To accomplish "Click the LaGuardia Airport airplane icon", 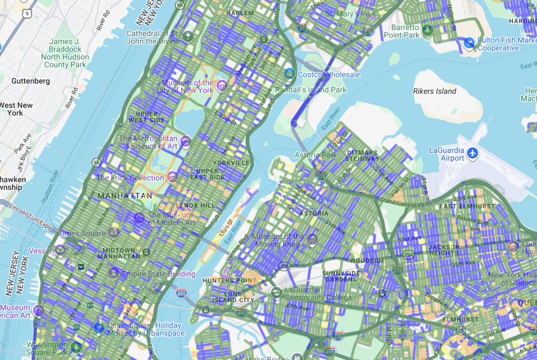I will (x=472, y=154).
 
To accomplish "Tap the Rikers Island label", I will (x=435, y=91).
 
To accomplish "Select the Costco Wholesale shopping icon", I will (x=288, y=74).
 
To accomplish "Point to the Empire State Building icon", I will (x=114, y=273).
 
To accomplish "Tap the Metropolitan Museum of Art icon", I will (x=185, y=141).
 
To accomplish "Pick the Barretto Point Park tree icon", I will (x=427, y=30).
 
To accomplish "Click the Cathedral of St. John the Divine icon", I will (x=188, y=36).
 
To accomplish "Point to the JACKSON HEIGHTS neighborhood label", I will (x=444, y=250).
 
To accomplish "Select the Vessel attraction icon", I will (x=60, y=250).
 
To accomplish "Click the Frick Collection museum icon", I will (x=171, y=178).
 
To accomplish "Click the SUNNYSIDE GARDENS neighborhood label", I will (x=339, y=276).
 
